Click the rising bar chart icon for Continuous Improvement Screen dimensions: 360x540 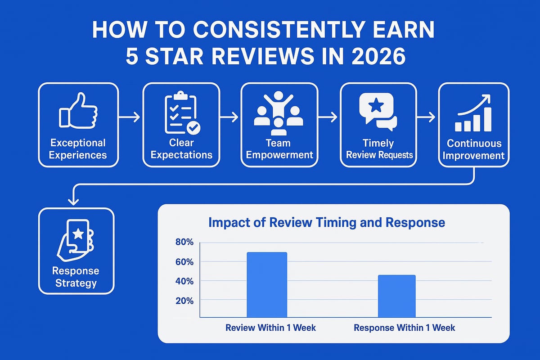473,113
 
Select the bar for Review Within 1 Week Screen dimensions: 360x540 267,284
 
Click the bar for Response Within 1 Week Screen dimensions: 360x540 396,296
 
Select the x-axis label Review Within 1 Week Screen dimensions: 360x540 270,328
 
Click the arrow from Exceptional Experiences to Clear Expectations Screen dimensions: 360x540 130,117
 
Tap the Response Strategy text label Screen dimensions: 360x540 76,277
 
